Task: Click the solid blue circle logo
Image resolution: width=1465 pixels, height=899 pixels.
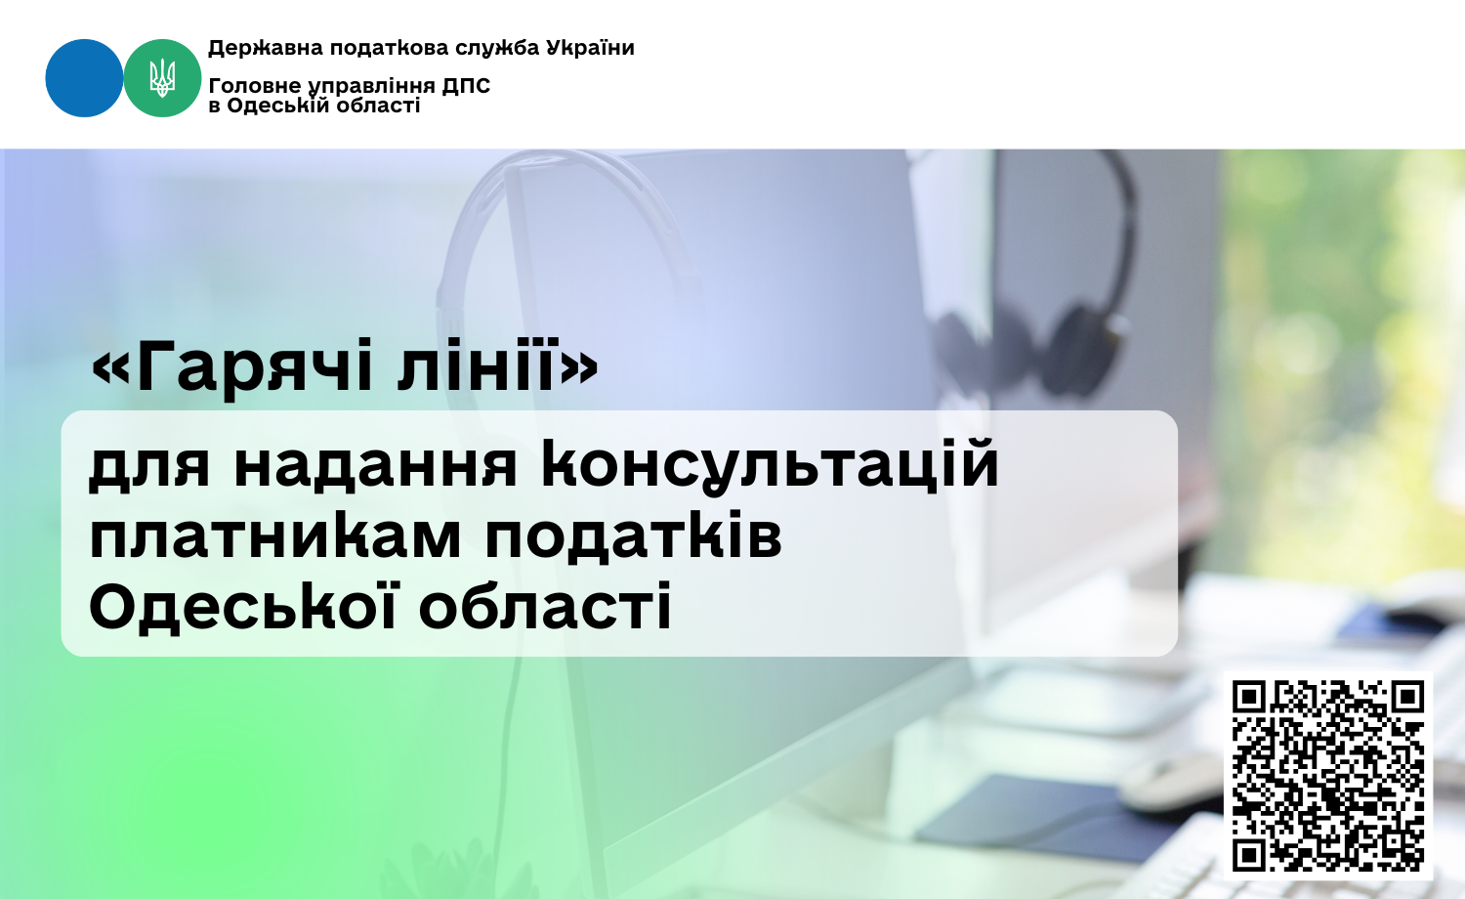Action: point(84,78)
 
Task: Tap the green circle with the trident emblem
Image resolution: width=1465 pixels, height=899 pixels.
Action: point(162,78)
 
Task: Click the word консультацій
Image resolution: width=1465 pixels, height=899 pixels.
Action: point(770,464)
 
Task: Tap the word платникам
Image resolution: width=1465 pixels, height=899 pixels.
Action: point(275,537)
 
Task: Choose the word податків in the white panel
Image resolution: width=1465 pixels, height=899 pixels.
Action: point(633,537)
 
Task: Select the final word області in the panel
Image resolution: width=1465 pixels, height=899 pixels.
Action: point(545,606)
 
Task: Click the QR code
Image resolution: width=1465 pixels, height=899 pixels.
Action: point(1327,775)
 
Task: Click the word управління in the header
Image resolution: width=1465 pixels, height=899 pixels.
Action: point(371,86)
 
